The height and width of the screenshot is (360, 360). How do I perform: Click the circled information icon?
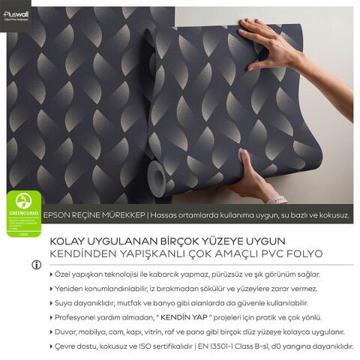point(35,265)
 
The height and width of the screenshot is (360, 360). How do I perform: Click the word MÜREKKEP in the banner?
point(122,214)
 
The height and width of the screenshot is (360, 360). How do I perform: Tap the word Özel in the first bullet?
point(62,275)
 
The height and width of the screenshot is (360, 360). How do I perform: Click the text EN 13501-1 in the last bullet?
point(229,346)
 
